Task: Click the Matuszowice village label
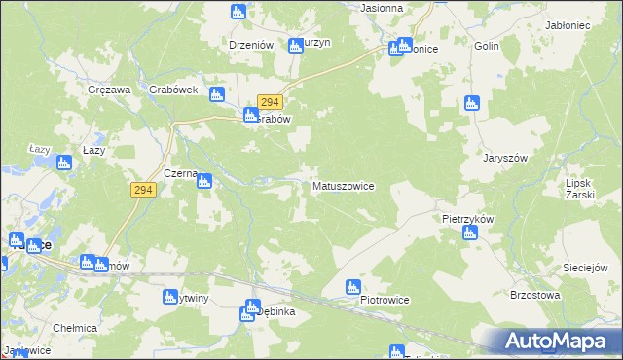pos(343,185)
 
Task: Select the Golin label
pos(487,46)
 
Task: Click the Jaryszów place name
pos(504,157)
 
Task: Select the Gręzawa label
pos(108,90)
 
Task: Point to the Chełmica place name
pos(74,328)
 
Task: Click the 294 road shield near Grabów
pos(271,102)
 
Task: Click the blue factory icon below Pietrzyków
pos(469,234)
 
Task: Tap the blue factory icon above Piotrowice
pos(354,286)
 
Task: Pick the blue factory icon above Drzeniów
pos(238,12)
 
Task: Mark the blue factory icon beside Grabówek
pos(217,94)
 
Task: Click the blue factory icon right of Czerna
pos(205,179)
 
